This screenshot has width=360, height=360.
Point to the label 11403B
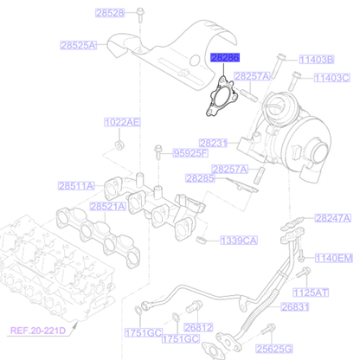(x=317, y=60)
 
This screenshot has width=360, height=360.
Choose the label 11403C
(x=331, y=78)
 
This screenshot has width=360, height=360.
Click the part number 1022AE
(x=122, y=122)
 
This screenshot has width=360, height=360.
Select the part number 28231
(x=213, y=142)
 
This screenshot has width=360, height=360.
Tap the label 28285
(x=199, y=178)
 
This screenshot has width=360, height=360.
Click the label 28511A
(x=78, y=185)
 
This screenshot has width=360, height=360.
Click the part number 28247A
(x=332, y=220)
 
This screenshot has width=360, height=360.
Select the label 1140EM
(x=333, y=258)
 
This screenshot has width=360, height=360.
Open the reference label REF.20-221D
(x=39, y=331)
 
